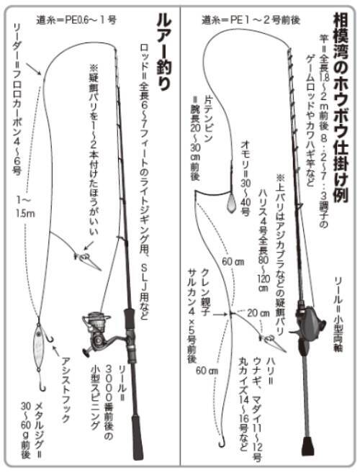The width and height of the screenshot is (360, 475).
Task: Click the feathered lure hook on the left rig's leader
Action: [x=85, y=258]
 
